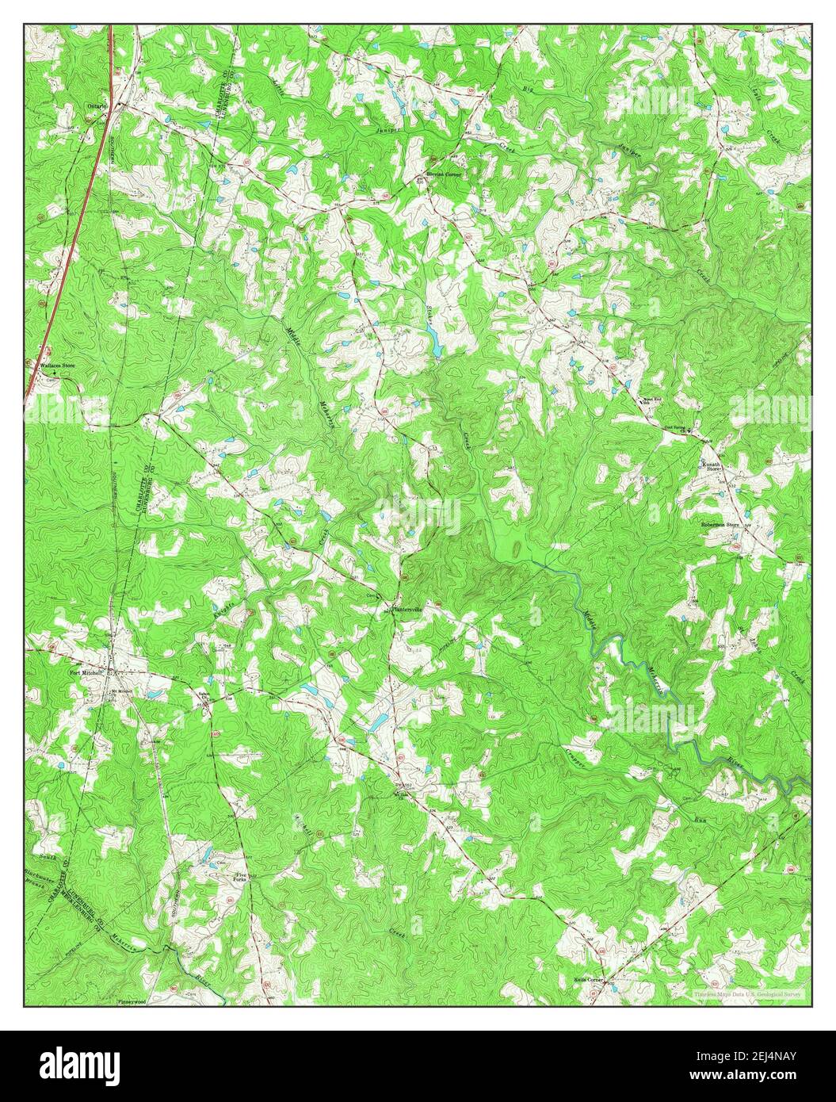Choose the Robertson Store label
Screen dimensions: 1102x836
719,524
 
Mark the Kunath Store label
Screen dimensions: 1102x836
710,466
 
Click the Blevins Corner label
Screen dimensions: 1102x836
443,172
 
